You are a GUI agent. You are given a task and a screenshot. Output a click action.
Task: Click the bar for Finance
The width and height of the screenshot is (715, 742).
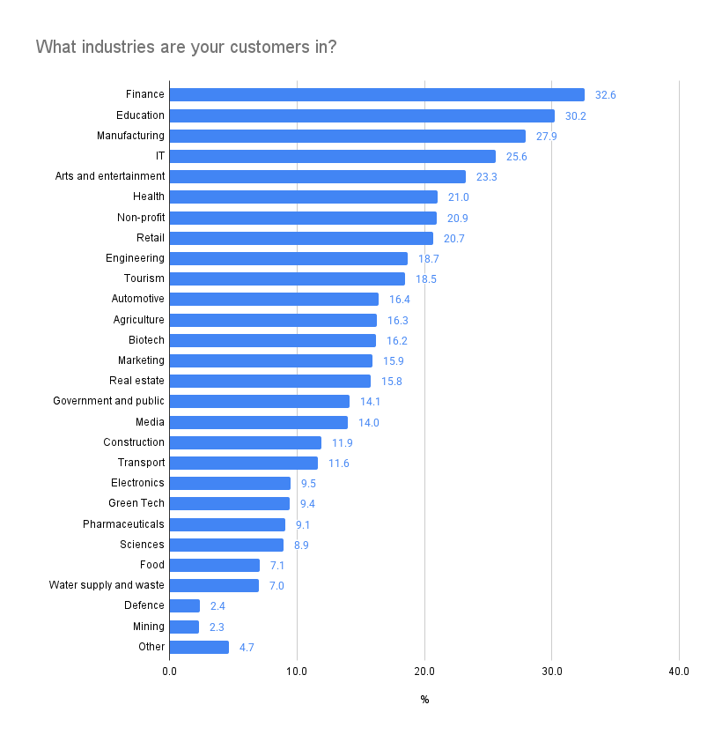coord(377,94)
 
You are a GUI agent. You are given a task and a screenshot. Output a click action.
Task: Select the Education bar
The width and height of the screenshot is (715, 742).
coord(362,115)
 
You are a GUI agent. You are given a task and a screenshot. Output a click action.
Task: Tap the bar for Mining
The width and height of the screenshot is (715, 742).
coord(184,627)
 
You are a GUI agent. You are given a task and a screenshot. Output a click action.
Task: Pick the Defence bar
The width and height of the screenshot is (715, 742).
coord(185,605)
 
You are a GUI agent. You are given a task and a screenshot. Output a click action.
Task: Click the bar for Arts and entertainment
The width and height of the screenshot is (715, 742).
coord(317,176)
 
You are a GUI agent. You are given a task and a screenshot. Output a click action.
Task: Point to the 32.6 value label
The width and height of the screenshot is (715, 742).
coord(606,95)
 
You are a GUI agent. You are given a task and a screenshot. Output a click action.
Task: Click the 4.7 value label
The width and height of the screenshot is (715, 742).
coord(247,648)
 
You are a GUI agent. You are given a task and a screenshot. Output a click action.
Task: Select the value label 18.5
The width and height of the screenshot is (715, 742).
coord(426,279)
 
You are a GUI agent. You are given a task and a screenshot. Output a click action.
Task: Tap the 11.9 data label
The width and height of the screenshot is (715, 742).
coord(342,443)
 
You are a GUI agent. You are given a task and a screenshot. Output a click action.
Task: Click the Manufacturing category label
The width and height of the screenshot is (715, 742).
coord(130,136)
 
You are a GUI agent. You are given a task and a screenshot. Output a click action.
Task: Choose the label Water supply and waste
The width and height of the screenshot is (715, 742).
coord(107,585)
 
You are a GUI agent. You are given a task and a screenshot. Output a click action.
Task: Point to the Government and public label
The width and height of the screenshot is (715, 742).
coord(108,401)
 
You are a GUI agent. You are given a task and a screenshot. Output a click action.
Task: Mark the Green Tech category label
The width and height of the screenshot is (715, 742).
coord(136,503)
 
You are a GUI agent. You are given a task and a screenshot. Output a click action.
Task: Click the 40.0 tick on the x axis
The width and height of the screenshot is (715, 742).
coord(678,672)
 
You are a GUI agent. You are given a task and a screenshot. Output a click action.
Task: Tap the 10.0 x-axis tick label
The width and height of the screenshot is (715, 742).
coord(297,672)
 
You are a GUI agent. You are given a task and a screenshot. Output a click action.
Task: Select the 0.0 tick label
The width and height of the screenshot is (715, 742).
coord(169,672)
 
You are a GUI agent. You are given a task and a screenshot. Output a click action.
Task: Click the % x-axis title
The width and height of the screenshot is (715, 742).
coord(424,700)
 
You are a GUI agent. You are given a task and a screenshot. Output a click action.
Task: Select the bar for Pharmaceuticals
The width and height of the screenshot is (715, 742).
coord(227,524)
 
